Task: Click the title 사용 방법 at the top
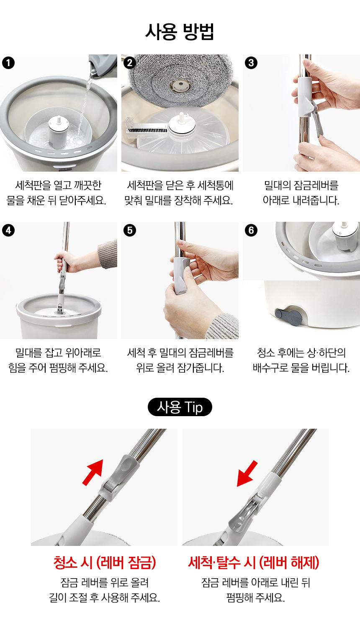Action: pyautogui.click(x=180, y=31)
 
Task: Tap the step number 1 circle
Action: pyautogui.click(x=8, y=63)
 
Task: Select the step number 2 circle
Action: pyautogui.click(x=130, y=63)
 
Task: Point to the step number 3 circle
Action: pyautogui.click(x=251, y=63)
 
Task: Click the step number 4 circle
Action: pyautogui.click(x=8, y=230)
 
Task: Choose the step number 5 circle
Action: pyautogui.click(x=130, y=230)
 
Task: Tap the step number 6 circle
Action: pyautogui.click(x=251, y=230)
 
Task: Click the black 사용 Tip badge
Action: pyautogui.click(x=180, y=407)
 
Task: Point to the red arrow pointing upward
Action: pyautogui.click(x=93, y=472)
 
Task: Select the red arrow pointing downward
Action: pyautogui.click(x=247, y=474)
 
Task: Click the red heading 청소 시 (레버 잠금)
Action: pyautogui.click(x=105, y=563)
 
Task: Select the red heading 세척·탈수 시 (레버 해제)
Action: pyautogui.click(x=254, y=563)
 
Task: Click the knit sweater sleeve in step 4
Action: pyautogui.click(x=108, y=254)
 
